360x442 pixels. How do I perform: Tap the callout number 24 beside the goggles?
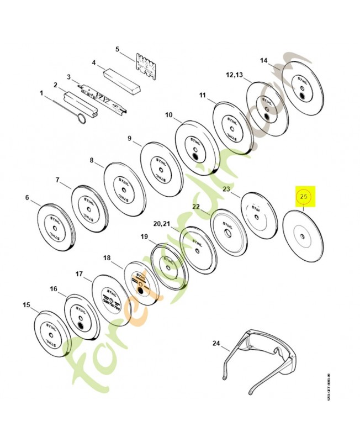pos(216,344)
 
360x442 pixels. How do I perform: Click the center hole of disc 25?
pos(303,238)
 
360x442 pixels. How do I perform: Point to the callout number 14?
pos(263,60)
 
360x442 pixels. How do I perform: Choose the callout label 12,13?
pos(234,75)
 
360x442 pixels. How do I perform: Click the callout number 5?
pos(117,49)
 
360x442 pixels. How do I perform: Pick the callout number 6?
pos(27,197)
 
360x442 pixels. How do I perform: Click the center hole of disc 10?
pos(195,157)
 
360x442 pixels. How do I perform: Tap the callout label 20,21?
pos(162,224)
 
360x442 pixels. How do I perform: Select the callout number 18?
pos(107,258)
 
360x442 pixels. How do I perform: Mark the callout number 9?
pos(130,138)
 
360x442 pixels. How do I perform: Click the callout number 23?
pos(226,189)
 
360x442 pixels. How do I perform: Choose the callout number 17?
pos(79,273)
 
